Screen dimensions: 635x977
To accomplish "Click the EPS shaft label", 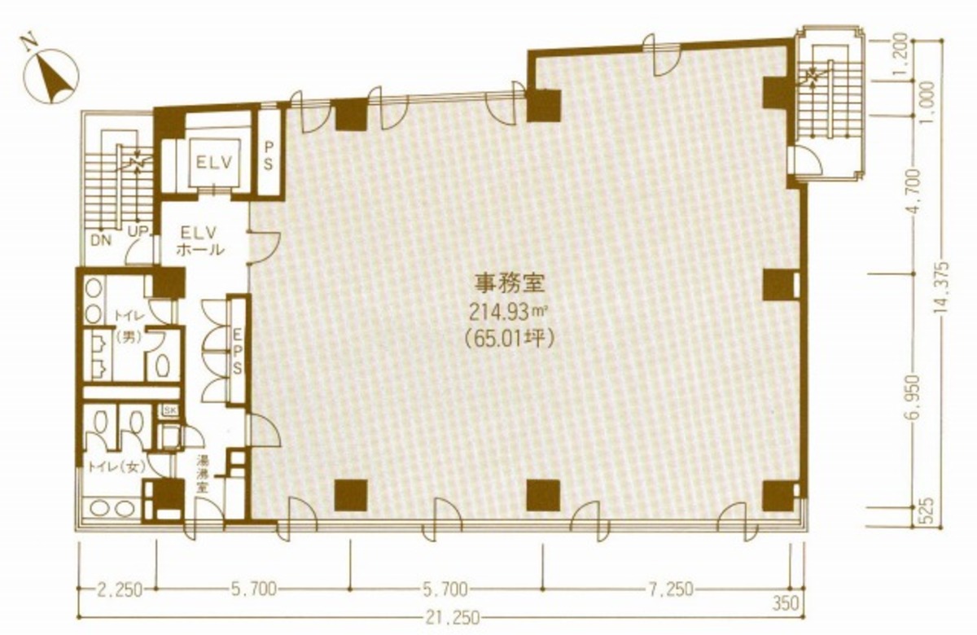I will point(238,351).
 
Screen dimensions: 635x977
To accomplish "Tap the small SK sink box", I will point(171,409).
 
